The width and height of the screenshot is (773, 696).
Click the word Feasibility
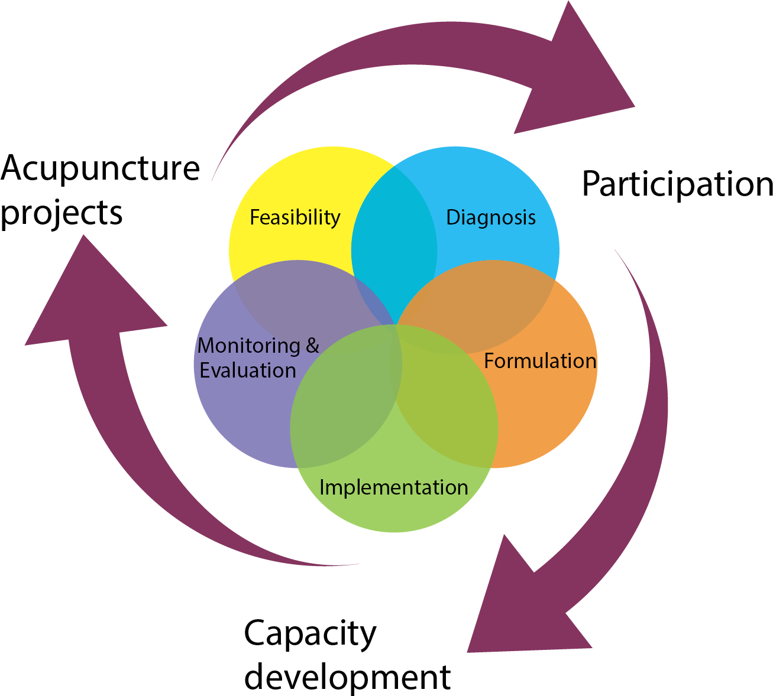(x=295, y=217)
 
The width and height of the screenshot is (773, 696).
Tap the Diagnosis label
(x=491, y=217)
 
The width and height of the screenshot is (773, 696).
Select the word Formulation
(x=540, y=361)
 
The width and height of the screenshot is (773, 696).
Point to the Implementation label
(x=393, y=487)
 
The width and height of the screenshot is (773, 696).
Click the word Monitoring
(x=249, y=346)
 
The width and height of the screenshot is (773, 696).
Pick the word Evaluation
(x=248, y=370)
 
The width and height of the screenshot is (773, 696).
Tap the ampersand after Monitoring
(x=312, y=346)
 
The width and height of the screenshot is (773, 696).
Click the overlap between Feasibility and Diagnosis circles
(x=394, y=236)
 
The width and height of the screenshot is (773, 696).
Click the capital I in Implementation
(x=322, y=487)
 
